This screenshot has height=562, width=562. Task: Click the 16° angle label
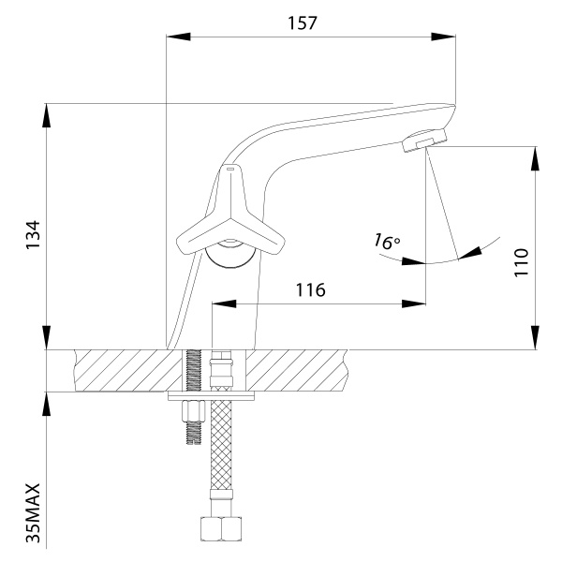(385, 242)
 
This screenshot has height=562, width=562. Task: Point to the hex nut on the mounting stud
(195, 411)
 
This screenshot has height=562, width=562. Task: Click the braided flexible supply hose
(224, 459)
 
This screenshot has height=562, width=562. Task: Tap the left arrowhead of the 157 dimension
(173, 37)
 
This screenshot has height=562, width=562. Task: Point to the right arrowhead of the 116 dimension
(412, 303)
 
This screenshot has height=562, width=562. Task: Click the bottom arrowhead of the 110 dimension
(536, 339)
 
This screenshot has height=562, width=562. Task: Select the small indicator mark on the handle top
(230, 169)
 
